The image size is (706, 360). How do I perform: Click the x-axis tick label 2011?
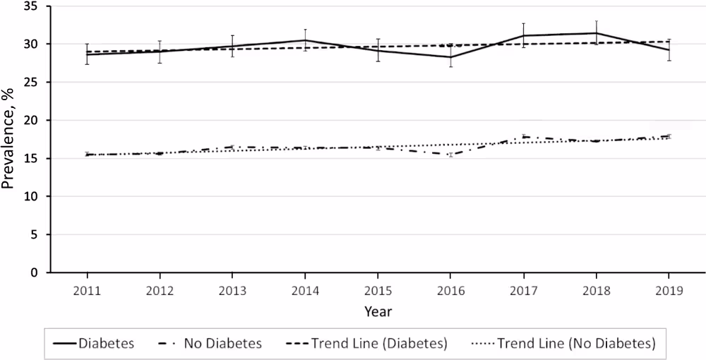(x=87, y=290)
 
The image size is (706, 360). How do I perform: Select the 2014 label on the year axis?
(x=305, y=290)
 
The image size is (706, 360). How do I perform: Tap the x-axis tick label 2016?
(x=450, y=290)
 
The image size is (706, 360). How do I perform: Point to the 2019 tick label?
(x=669, y=290)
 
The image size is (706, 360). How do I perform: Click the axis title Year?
(x=378, y=311)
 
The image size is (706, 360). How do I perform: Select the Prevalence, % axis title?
(x=9, y=140)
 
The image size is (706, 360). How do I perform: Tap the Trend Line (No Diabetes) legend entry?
(x=565, y=344)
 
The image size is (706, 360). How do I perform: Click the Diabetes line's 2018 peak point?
(x=596, y=33)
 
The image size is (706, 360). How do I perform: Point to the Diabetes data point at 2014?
(x=305, y=40)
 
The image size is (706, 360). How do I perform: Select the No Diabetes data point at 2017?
(x=523, y=136)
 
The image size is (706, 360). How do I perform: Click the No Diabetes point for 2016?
(x=450, y=155)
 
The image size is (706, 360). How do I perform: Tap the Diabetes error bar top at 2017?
(x=523, y=23)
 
